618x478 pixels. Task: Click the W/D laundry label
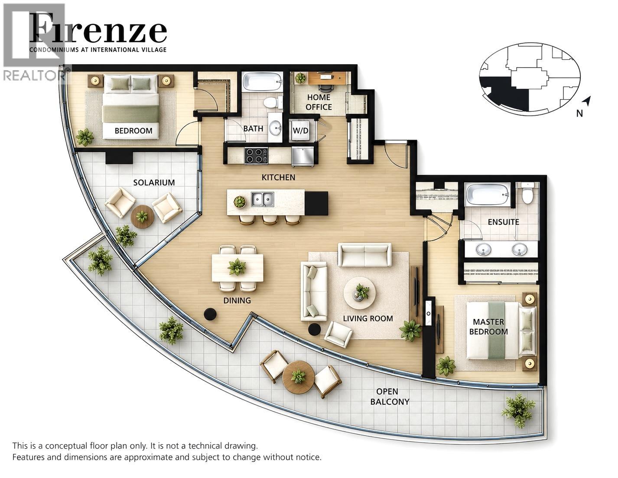300,130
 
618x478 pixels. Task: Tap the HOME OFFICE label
319,102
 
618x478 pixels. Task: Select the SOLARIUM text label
154,182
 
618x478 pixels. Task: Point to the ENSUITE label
504,222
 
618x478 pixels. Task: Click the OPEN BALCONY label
390,397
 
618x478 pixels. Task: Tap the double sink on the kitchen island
263,199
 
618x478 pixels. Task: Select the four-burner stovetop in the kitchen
256,156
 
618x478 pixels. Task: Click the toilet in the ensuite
528,193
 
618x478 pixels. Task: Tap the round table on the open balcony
299,377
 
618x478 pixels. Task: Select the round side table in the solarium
142,216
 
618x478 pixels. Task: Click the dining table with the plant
237,268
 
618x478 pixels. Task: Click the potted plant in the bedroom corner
85,137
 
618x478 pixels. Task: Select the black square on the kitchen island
316,203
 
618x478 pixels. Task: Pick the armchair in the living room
338,335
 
